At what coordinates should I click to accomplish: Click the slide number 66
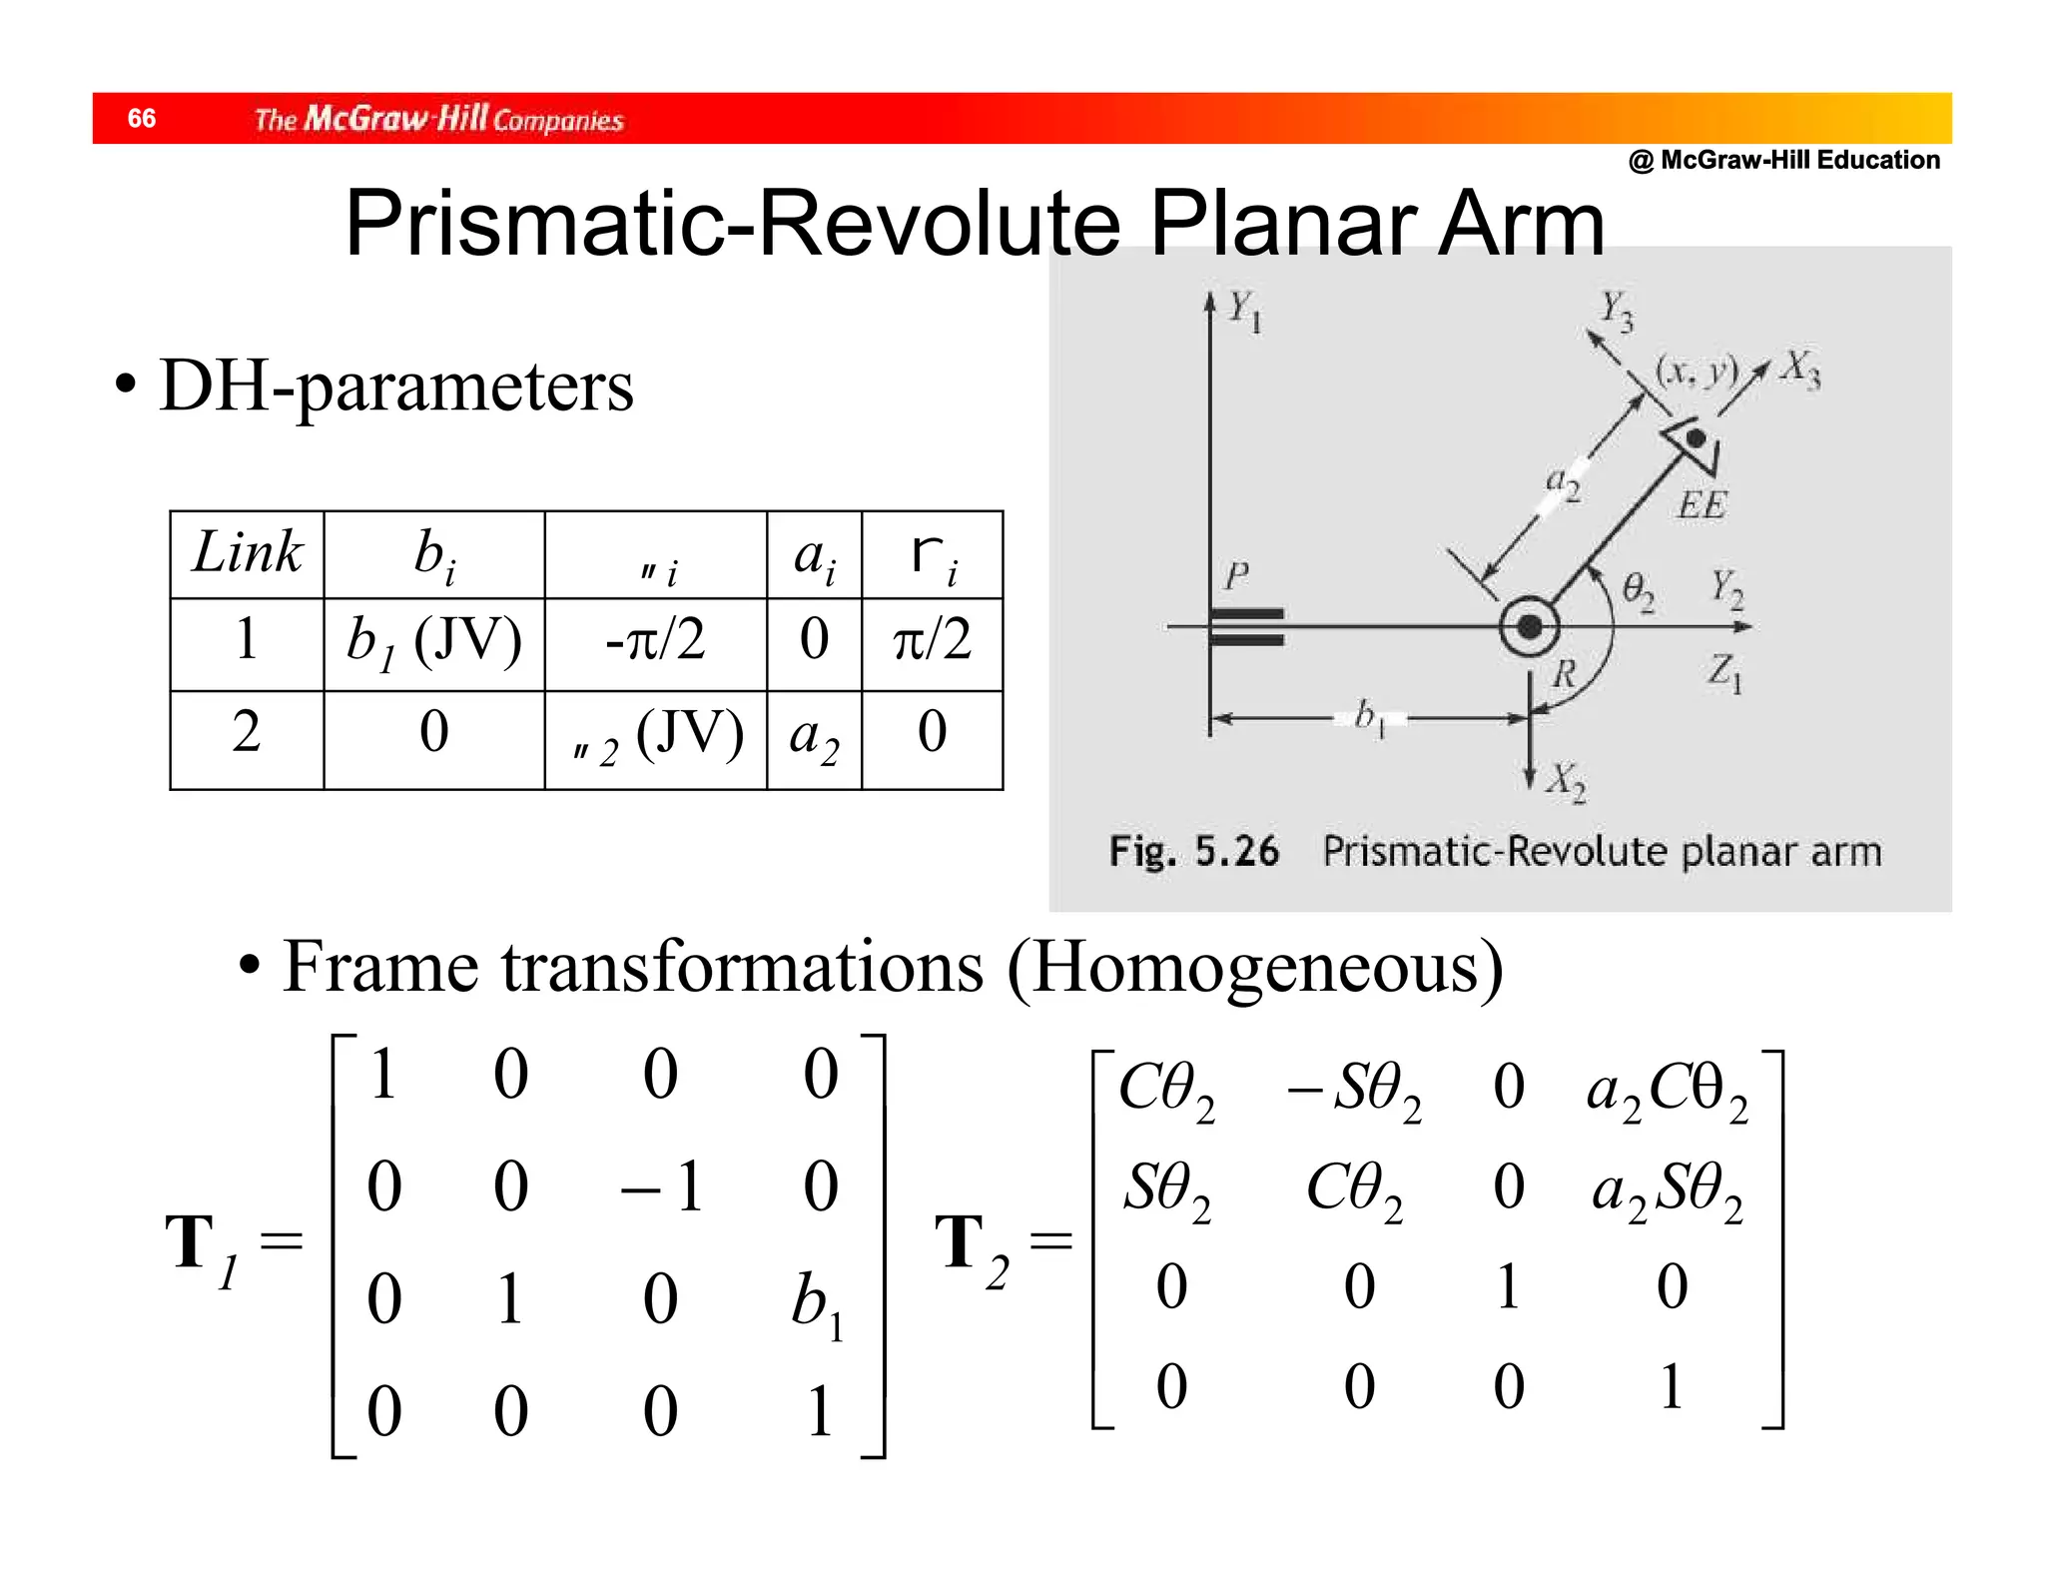[x=142, y=119]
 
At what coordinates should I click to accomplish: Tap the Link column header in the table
[x=247, y=552]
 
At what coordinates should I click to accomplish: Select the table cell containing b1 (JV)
[x=434, y=642]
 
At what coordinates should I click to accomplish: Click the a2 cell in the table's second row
[x=814, y=737]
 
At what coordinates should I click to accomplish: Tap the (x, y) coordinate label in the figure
[x=1697, y=371]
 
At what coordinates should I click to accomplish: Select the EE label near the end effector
[x=1702, y=505]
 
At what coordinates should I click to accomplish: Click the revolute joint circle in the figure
[x=1529, y=627]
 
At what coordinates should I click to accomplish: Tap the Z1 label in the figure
[x=1723, y=672]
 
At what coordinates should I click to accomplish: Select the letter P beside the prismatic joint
[x=1236, y=576]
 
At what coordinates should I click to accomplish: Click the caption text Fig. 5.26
[x=1193, y=852]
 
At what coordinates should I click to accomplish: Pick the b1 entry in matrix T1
[x=817, y=1304]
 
